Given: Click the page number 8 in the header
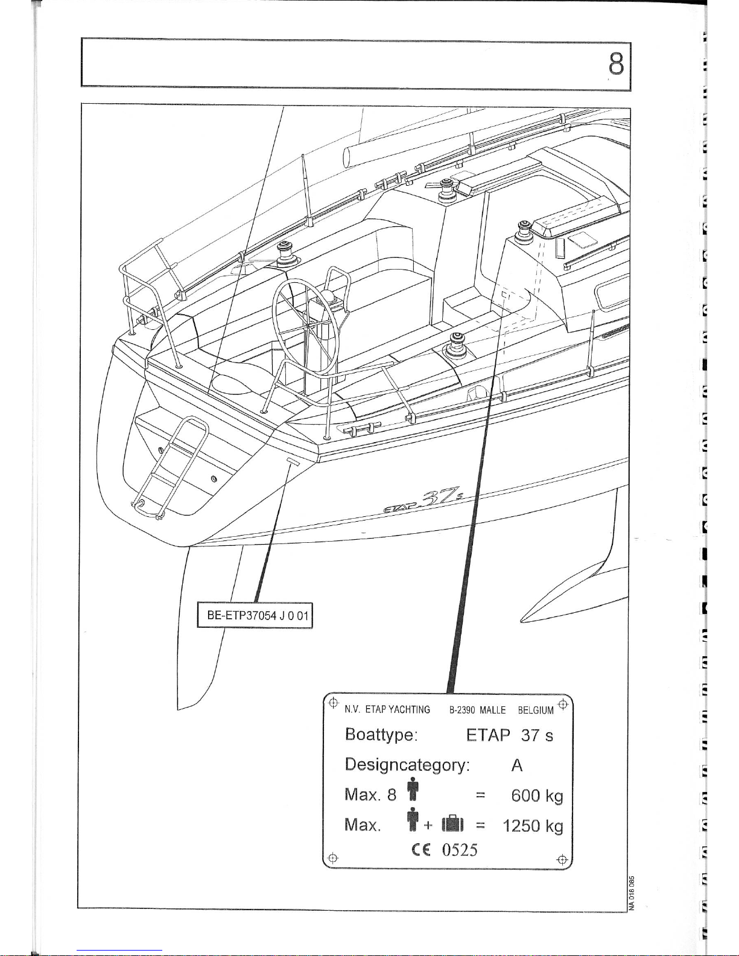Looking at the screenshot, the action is coord(616,64).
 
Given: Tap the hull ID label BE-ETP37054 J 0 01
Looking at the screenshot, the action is coord(258,615).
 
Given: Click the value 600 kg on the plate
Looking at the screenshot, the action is coord(537,796).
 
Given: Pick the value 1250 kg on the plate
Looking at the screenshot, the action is coord(533,826).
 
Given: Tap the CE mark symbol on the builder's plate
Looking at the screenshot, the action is coord(421,849).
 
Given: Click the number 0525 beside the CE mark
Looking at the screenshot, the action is coord(460,849).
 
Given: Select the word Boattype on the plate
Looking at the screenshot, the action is coord(381,735).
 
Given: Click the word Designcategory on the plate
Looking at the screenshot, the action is coord(407,765).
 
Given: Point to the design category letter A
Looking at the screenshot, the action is coord(517,765).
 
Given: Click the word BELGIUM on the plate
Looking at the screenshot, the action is coord(536,710).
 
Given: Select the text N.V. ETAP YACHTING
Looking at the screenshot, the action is coord(387,710).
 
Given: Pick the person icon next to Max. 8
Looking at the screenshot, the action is coord(413,790).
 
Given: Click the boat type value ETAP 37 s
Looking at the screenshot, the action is coord(509,735).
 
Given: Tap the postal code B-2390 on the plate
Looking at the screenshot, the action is coord(462,710).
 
